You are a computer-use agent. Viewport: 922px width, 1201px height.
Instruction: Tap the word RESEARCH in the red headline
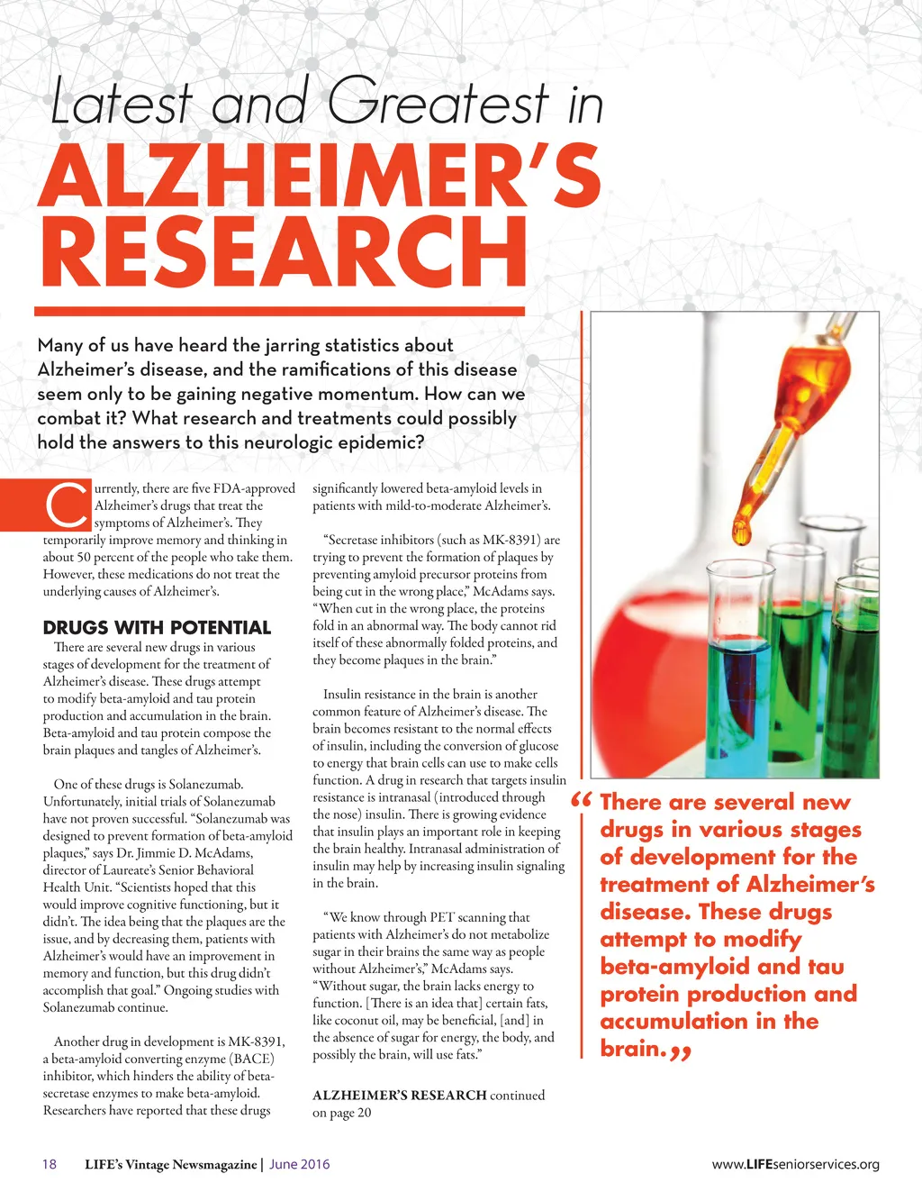pyautogui.click(x=282, y=251)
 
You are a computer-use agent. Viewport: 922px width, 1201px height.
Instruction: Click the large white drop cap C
pyautogui.click(x=65, y=506)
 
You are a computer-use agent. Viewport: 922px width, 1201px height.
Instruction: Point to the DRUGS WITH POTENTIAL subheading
pyautogui.click(x=157, y=628)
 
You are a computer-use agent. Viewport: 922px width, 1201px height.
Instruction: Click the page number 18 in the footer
pyautogui.click(x=50, y=1164)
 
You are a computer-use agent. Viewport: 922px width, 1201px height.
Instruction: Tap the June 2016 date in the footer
pyautogui.click(x=299, y=1164)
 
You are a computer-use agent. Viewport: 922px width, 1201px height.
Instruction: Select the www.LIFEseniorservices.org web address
pyautogui.click(x=795, y=1164)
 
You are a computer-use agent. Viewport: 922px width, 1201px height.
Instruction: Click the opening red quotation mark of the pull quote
pyautogui.click(x=583, y=801)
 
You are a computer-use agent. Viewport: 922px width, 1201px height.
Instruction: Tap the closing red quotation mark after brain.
pyautogui.click(x=681, y=1051)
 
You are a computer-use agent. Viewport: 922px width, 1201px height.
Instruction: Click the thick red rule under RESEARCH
pyautogui.click(x=279, y=312)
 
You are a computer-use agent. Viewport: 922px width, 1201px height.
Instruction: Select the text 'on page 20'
pyautogui.click(x=342, y=1113)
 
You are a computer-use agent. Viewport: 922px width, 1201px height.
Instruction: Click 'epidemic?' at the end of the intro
pyautogui.click(x=381, y=442)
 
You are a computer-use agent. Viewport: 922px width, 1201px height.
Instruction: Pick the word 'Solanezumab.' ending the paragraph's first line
pyautogui.click(x=206, y=784)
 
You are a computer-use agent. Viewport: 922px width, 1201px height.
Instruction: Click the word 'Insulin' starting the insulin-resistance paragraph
pyautogui.click(x=341, y=695)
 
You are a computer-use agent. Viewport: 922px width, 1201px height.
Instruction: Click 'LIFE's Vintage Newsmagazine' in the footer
pyautogui.click(x=170, y=1164)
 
